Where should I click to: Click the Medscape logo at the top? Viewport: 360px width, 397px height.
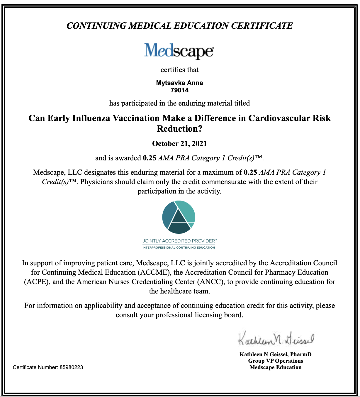(x=179, y=51)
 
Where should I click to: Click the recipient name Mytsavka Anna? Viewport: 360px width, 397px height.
(x=179, y=83)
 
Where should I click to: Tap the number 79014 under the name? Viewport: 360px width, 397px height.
(x=179, y=90)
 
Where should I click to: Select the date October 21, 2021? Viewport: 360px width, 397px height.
(x=179, y=144)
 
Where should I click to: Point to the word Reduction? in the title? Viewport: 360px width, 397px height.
(x=180, y=129)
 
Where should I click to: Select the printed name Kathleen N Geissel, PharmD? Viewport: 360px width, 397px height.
(x=275, y=354)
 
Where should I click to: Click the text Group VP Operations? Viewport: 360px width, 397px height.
(x=275, y=361)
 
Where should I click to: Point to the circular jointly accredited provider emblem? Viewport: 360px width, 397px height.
(x=179, y=217)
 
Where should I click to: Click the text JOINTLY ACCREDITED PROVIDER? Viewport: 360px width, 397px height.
(x=179, y=241)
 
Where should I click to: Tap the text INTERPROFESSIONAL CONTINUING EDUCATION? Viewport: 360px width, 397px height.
(x=179, y=247)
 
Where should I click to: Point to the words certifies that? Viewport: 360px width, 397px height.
(x=179, y=70)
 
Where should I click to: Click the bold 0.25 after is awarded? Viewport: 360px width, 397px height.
(x=149, y=158)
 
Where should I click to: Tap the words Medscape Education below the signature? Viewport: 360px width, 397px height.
(x=275, y=367)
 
